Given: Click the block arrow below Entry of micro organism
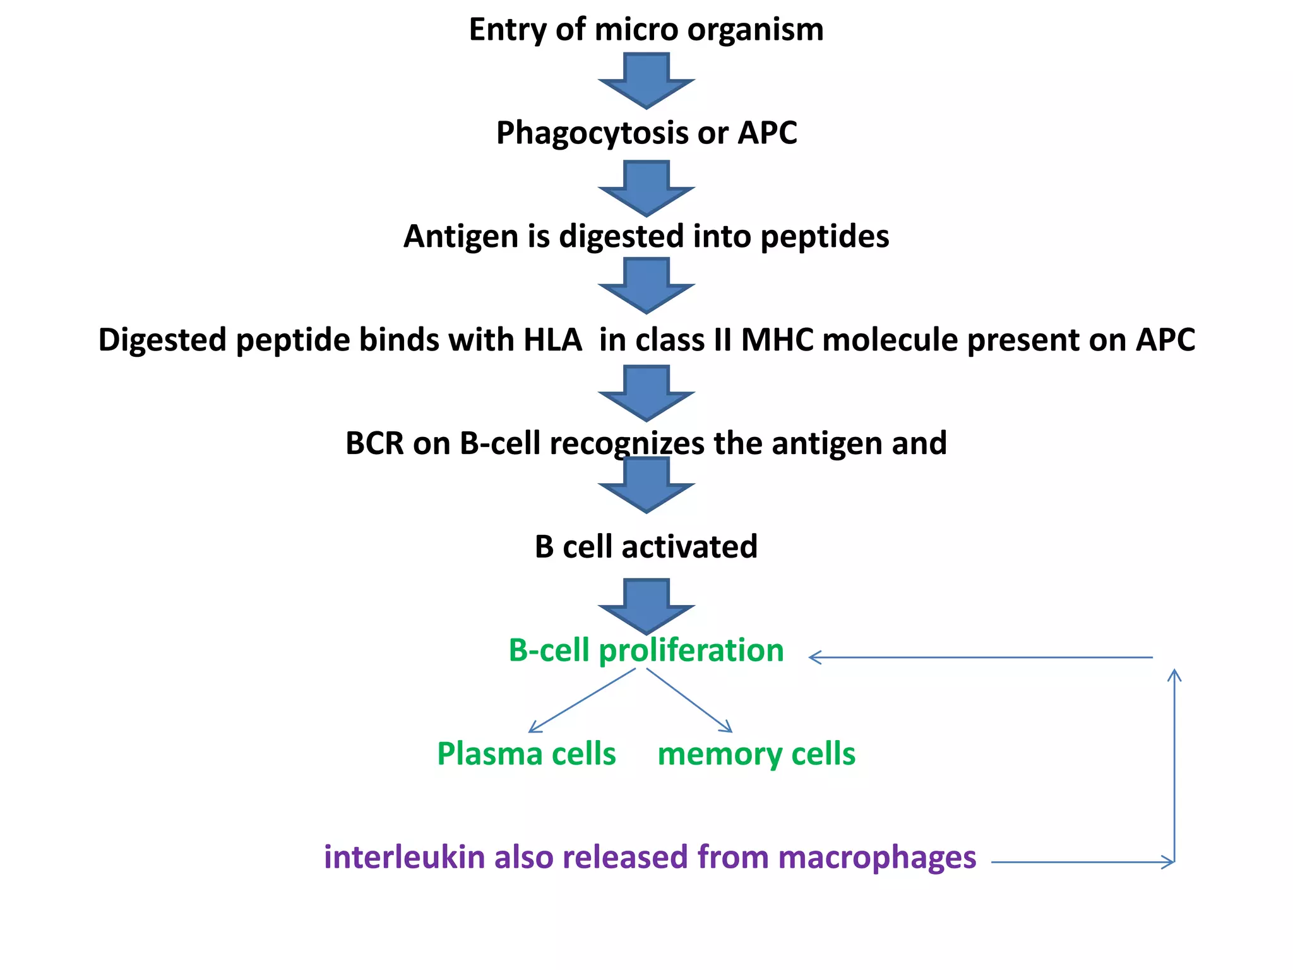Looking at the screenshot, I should (x=646, y=80).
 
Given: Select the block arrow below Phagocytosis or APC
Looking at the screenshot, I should (x=646, y=188).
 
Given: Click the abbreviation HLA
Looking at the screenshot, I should (x=552, y=340).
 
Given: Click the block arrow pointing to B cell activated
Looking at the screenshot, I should (x=646, y=484).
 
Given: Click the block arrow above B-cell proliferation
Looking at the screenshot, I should (x=646, y=606).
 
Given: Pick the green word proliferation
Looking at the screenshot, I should (x=691, y=651).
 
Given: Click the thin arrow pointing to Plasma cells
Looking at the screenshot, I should (x=581, y=700).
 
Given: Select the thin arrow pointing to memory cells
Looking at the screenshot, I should (x=689, y=700).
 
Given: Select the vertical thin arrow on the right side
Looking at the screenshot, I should (x=1174, y=764).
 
